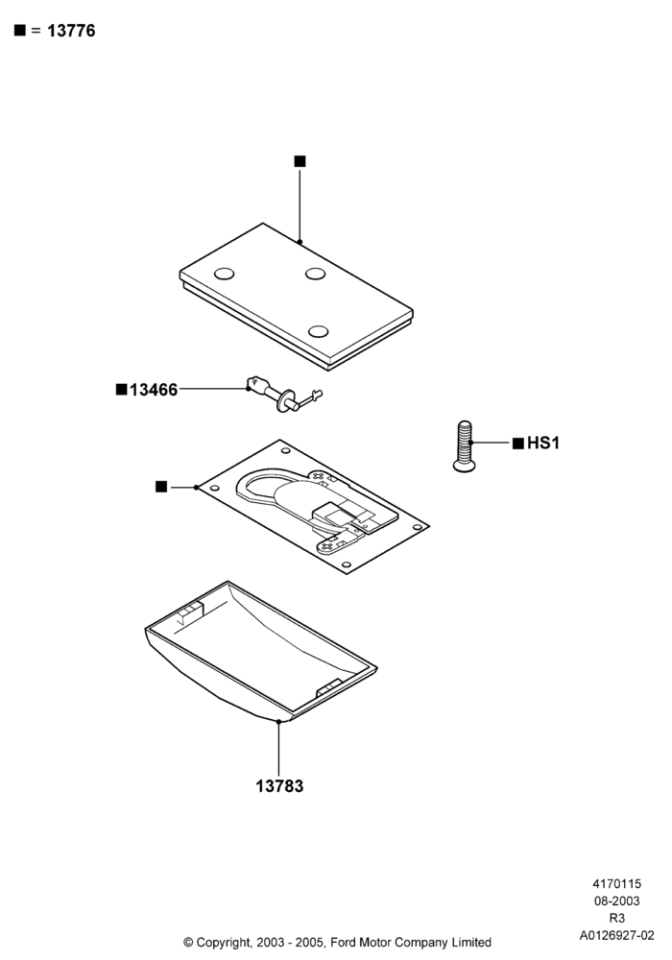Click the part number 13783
click(x=279, y=785)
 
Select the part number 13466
click(x=154, y=390)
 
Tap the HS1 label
click(x=542, y=443)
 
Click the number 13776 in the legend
click(x=71, y=31)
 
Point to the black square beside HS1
click(x=517, y=444)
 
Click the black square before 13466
click(x=122, y=390)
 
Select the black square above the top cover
click(x=300, y=161)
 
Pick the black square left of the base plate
click(x=161, y=487)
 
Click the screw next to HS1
click(x=465, y=446)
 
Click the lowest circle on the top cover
click(x=319, y=332)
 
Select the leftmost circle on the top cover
click(x=224, y=274)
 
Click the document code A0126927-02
click(x=617, y=935)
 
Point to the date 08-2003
click(x=617, y=901)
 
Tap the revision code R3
click(x=617, y=919)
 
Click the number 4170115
click(x=617, y=884)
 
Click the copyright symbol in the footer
click(x=188, y=942)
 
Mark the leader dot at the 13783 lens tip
click(x=278, y=722)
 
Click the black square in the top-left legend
click(x=20, y=30)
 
